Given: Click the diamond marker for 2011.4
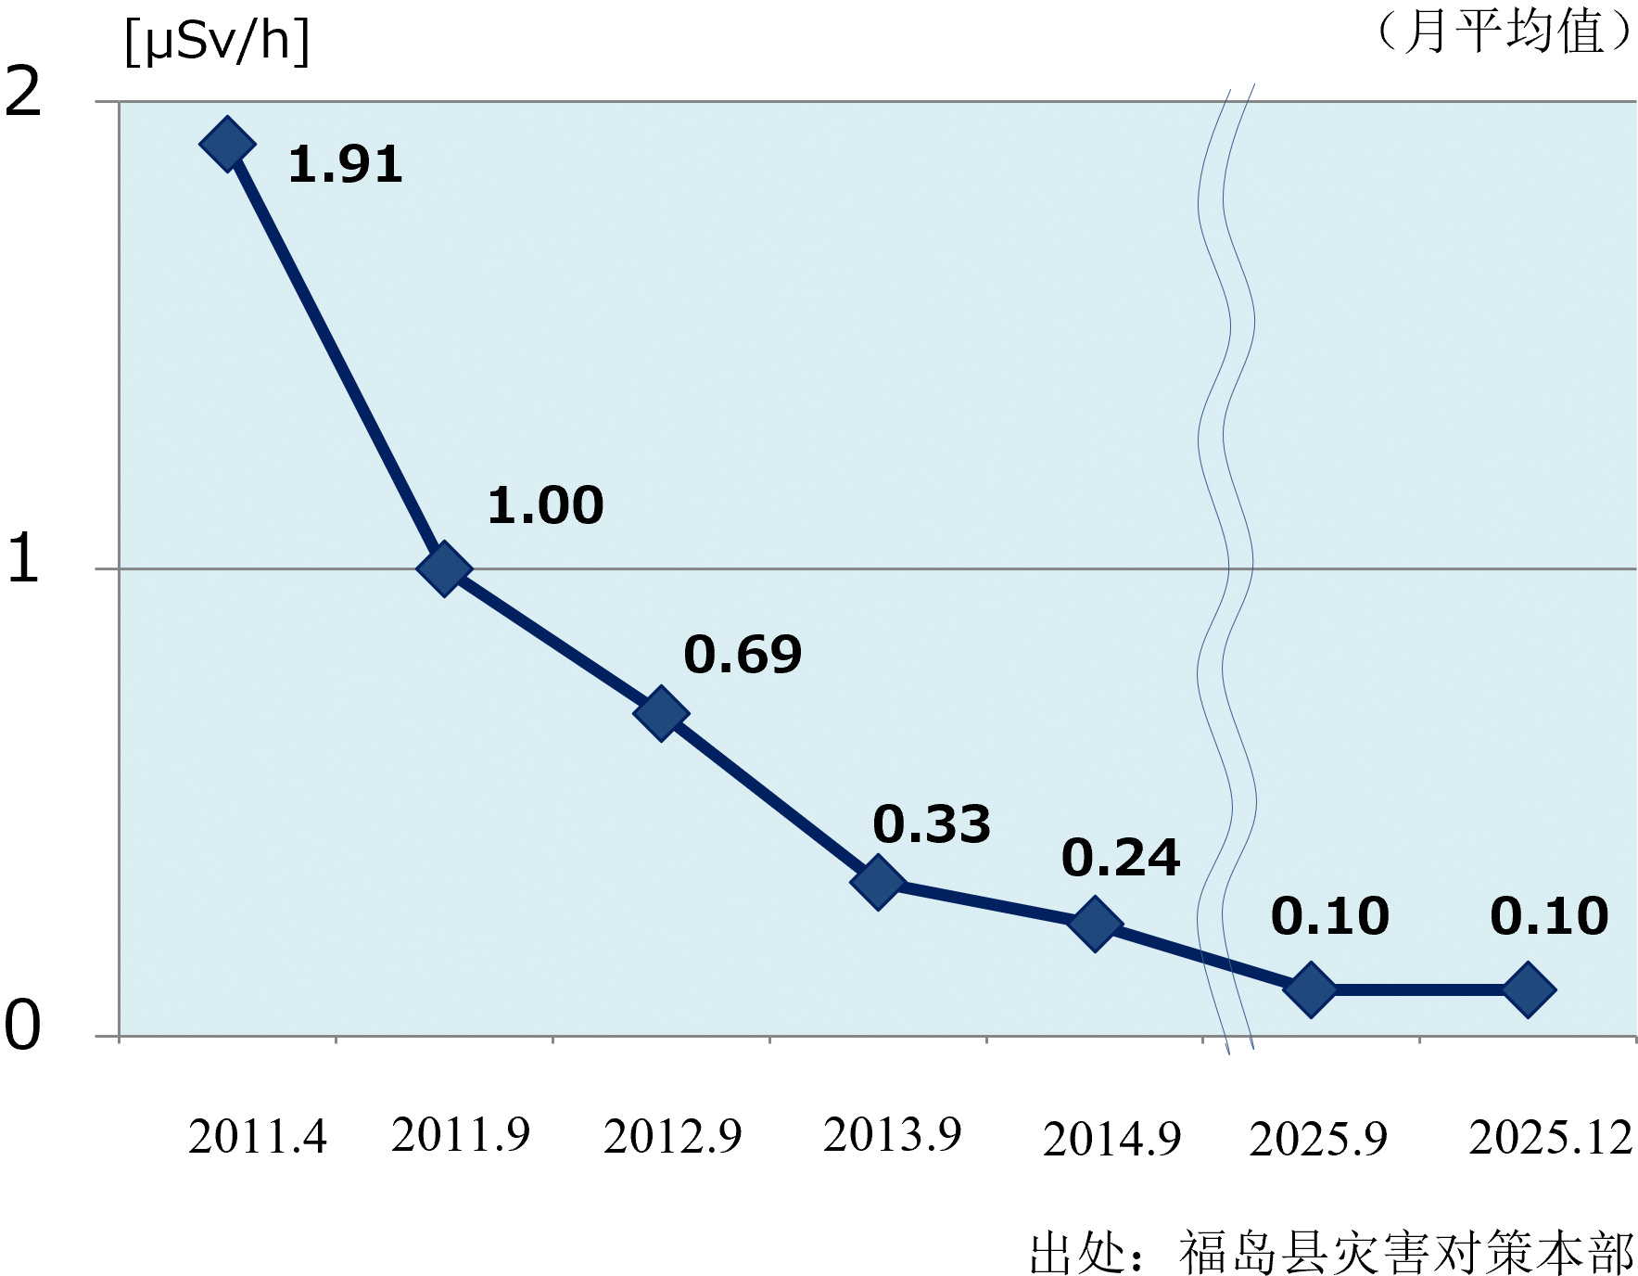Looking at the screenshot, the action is tap(228, 144).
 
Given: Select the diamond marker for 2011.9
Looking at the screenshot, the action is tap(444, 568).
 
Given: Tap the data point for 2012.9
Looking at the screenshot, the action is tap(661, 713).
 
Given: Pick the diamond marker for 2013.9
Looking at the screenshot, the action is tap(878, 881).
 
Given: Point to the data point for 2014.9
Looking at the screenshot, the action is tap(1095, 924).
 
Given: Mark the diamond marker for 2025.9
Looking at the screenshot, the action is tap(1311, 989).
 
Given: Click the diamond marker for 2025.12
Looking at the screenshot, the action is tap(1529, 989).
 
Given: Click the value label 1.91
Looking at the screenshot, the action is tap(346, 165).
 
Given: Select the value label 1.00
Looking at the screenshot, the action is tap(546, 506).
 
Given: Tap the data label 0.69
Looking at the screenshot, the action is tap(743, 655).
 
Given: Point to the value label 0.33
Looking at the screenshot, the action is tap(932, 824).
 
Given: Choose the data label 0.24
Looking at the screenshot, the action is tap(1121, 858).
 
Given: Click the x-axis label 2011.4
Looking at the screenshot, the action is tap(258, 1137).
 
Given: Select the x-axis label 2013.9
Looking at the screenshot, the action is tap(893, 1135).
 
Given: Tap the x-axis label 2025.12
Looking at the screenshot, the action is tap(1551, 1138).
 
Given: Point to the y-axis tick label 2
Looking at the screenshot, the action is tap(23, 92).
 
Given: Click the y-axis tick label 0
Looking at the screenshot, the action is tap(23, 1025).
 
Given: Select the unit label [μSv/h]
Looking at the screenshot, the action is tap(217, 42).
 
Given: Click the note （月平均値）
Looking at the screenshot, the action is tap(1504, 32).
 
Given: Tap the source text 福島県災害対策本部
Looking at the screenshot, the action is tap(1406, 1253).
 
